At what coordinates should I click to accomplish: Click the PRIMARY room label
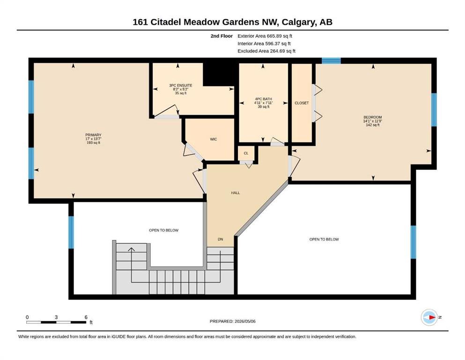point(93,135)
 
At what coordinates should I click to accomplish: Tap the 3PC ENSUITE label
point(181,85)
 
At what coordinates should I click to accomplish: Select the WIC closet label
point(214,139)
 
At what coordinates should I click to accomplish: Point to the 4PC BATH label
point(263,99)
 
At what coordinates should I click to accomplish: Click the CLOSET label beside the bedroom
point(302,103)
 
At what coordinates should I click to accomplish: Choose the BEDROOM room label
point(373,117)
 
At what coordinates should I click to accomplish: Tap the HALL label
point(236,193)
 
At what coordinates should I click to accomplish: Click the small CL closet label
point(246,153)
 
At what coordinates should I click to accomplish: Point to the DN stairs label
point(221,239)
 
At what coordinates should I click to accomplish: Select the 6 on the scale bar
point(86,317)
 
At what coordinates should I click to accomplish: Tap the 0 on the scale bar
point(27,317)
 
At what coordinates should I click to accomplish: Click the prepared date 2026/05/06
point(245,321)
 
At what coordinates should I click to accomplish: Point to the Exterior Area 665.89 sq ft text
point(265,36)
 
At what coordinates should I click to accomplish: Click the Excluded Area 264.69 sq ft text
point(266,51)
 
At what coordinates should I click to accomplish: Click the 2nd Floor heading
point(221,36)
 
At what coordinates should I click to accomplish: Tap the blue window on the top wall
point(331,61)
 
